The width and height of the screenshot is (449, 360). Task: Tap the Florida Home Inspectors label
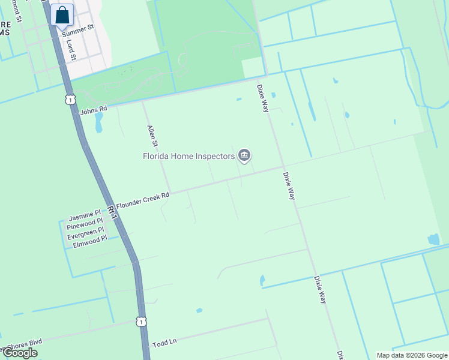[x=188, y=157]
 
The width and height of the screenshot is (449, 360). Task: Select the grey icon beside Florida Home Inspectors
[x=244, y=156]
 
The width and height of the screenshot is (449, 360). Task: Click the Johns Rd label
[x=93, y=110]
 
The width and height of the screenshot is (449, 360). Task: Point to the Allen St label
[x=152, y=136]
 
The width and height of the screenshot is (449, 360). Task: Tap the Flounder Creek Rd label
[x=143, y=200]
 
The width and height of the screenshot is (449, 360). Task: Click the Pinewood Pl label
[x=85, y=222]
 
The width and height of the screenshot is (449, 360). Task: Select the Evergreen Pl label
[x=85, y=230]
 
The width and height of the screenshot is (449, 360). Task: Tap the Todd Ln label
[x=164, y=343]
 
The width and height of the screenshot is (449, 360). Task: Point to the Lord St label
[x=70, y=50]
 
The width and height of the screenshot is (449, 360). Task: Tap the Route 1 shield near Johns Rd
[x=71, y=99]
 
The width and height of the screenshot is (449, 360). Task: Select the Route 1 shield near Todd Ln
[x=140, y=322]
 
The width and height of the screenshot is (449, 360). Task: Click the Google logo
[x=19, y=352]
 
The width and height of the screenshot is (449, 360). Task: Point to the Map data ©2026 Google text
[x=412, y=355]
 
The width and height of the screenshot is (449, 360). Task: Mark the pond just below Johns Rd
[x=98, y=123]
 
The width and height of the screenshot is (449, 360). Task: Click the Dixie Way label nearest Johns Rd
[x=263, y=97]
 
